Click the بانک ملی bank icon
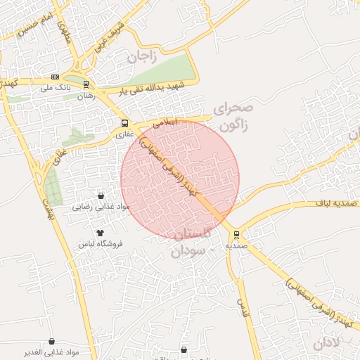55,78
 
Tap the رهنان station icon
86,84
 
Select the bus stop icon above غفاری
124,124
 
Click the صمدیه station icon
236,235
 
